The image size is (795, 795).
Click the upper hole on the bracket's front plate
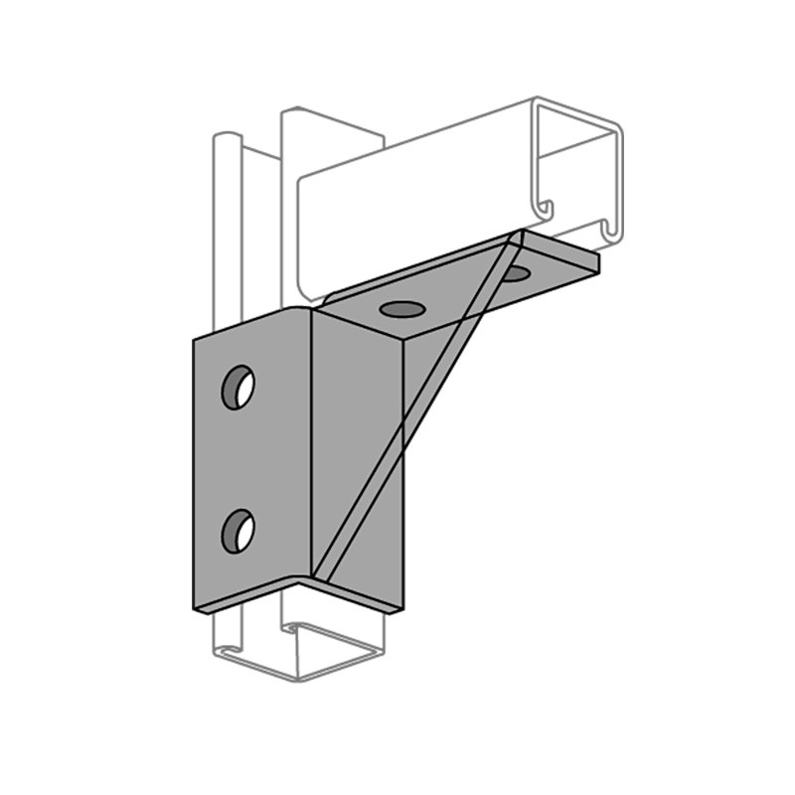pos(238,387)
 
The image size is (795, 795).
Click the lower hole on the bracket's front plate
pos(238,529)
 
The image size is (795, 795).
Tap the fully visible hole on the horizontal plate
pos(400,309)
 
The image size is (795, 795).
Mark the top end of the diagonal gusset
pos(518,236)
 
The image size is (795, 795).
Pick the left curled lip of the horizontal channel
pos(544,210)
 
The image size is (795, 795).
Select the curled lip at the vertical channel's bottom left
pos(227,651)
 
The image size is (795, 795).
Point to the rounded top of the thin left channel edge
pos(227,134)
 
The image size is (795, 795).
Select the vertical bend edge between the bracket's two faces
pos(313,447)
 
